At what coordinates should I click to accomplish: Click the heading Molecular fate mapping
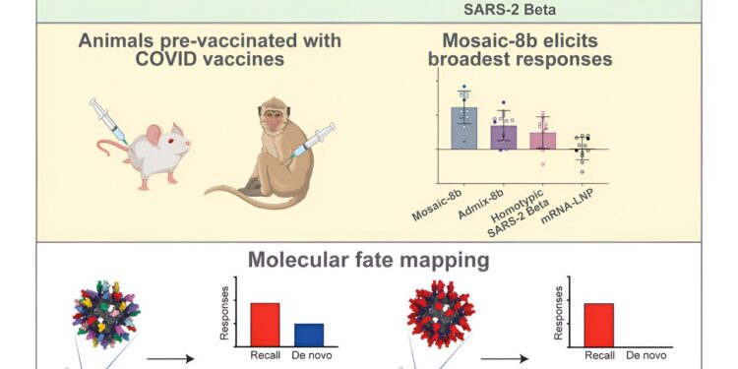369,261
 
